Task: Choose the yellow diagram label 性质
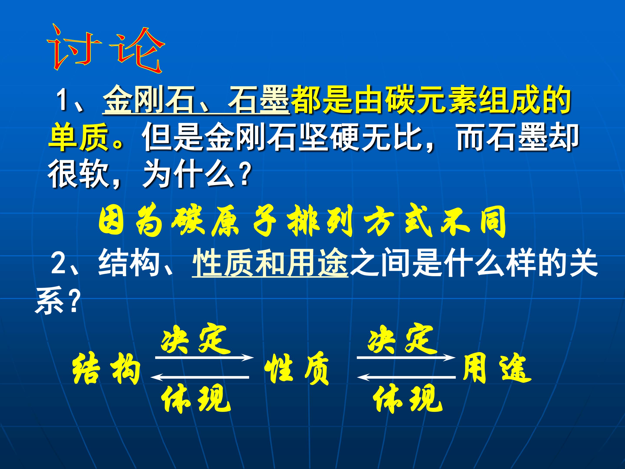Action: (x=296, y=369)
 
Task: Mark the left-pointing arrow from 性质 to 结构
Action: (x=200, y=377)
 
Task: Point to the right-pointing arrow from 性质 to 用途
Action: (x=406, y=358)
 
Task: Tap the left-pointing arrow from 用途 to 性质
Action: (x=406, y=377)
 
